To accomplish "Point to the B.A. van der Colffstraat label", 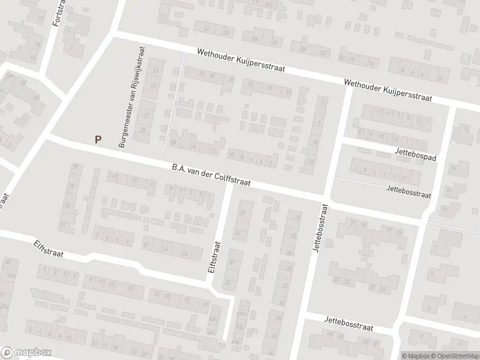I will (211, 175).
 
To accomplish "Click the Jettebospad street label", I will (415, 154).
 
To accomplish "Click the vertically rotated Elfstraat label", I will (214, 257).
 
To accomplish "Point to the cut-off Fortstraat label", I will (58, 12).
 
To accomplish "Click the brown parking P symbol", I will (98, 139).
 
